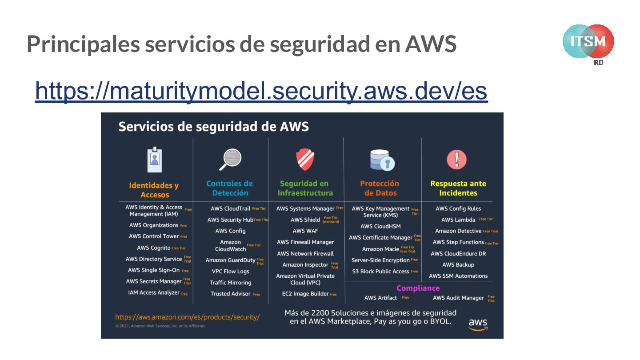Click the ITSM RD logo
tap(588, 43)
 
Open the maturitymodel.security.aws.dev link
tap(261, 91)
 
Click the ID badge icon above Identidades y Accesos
tap(154, 160)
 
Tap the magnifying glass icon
tap(230, 160)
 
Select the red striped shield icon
tap(305, 159)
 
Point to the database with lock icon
tap(382, 160)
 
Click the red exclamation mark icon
tap(457, 160)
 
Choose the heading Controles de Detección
tap(230, 188)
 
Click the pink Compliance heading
tap(418, 288)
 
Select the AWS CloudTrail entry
tap(230, 208)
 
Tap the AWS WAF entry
tap(305, 231)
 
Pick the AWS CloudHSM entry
tap(380, 226)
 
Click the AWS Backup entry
tap(458, 264)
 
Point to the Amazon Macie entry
tap(380, 249)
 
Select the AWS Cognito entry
tap(154, 248)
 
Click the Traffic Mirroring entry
tap(230, 283)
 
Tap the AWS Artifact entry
tap(380, 298)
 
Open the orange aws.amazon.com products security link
tap(187, 317)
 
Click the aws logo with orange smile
tap(478, 324)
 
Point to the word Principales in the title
tap(83, 44)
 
